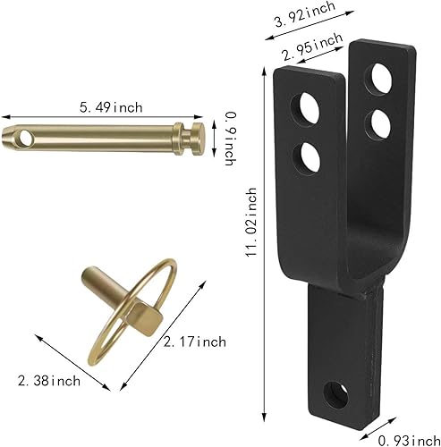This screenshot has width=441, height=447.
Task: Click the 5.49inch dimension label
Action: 111,107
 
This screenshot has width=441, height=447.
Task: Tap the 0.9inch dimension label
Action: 230,139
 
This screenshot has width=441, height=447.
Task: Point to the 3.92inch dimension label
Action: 304,14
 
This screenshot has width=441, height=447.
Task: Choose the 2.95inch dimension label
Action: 312,46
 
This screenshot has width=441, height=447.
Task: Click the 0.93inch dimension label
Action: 409,440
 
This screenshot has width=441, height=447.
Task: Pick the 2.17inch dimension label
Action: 194,342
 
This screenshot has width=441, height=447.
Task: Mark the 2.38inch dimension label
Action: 49,381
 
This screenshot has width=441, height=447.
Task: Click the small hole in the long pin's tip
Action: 26,139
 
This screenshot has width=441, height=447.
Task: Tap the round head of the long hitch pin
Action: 198,139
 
